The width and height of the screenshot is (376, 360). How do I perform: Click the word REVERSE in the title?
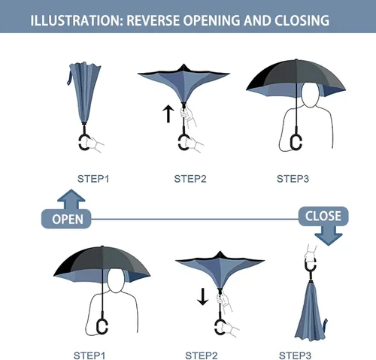tap(153, 20)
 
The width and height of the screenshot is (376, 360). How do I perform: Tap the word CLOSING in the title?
tap(302, 20)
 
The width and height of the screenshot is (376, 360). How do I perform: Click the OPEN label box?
tap(66, 219)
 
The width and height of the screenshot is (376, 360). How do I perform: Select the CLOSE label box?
tap(323, 216)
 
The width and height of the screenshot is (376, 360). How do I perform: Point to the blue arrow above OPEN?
tap(71, 199)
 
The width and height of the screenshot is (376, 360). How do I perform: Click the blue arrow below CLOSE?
tap(329, 236)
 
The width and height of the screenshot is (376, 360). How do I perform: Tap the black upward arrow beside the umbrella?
tap(168, 114)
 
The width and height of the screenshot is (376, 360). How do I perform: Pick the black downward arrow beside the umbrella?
tap(202, 297)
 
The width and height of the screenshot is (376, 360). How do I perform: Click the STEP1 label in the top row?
tap(93, 179)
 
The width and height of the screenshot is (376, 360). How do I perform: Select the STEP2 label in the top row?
tap(190, 179)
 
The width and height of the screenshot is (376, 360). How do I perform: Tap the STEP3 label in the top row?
tap(293, 179)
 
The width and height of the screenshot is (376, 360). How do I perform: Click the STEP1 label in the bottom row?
tap(89, 355)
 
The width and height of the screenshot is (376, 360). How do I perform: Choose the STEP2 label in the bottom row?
tap(202, 355)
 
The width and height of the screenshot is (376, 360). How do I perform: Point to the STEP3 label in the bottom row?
tap(295, 355)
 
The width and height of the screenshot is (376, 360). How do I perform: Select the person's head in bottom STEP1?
tap(116, 280)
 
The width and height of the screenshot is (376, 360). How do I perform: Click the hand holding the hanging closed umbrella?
tap(310, 253)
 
